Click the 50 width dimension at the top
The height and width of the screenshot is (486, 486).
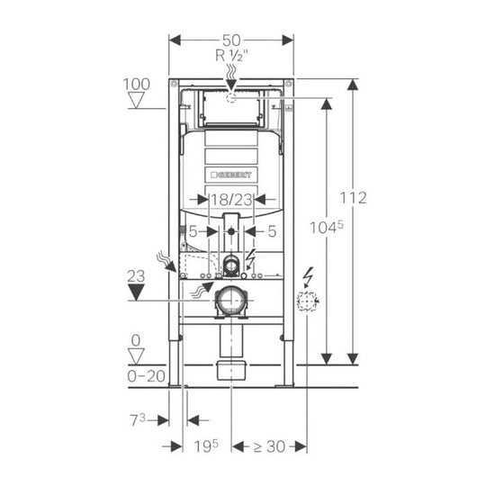click(231, 40)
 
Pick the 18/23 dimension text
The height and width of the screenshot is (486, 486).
click(232, 202)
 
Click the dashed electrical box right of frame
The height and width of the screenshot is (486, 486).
click(309, 302)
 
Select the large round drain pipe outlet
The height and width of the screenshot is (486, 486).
click(232, 300)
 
